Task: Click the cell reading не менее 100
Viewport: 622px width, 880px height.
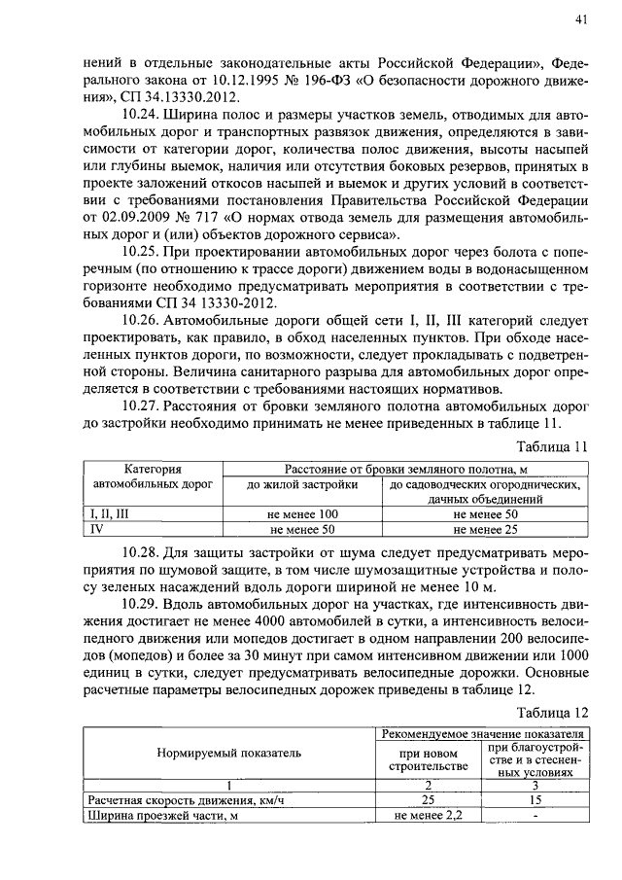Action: click(301, 513)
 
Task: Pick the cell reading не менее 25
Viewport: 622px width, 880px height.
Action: click(485, 530)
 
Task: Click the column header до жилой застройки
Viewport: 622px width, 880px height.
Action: click(301, 484)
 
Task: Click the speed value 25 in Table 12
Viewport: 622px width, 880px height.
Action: click(428, 799)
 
